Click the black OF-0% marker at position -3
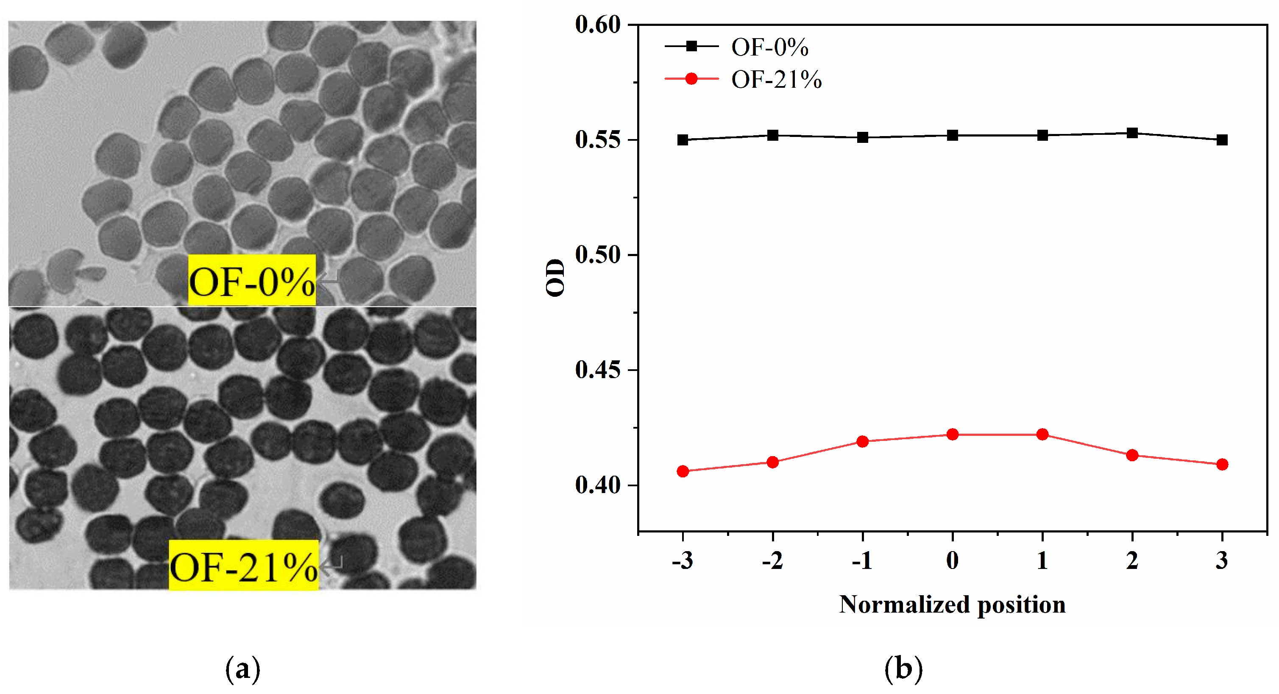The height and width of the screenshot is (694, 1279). point(683,140)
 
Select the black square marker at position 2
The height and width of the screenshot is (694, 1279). point(1132,133)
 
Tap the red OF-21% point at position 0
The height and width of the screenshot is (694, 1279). point(952,435)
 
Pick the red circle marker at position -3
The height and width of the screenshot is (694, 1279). point(683,471)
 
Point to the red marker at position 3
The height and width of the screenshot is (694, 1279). point(1222,464)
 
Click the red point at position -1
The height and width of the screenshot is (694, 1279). point(862,441)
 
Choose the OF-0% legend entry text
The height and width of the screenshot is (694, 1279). point(769,47)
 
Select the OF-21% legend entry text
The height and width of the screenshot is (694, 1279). point(776,79)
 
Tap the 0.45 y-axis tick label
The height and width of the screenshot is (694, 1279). point(598,370)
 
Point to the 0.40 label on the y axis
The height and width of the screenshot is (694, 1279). point(598,485)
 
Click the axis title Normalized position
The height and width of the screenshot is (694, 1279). point(952,605)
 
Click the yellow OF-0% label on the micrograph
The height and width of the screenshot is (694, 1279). point(252,281)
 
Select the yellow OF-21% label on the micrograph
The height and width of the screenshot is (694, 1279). point(243,566)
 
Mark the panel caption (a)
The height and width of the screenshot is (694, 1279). point(242,669)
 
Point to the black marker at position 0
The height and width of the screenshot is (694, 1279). point(952,136)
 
